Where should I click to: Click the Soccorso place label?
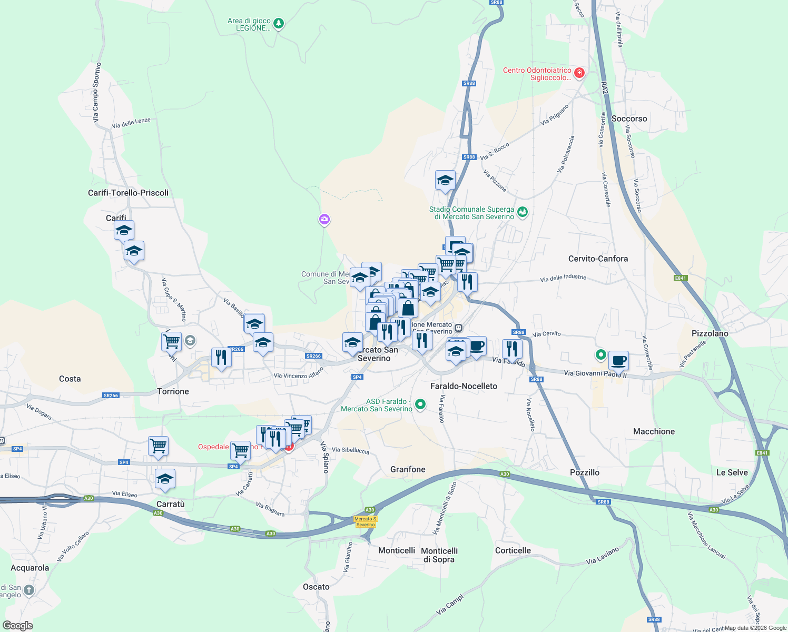(629, 118)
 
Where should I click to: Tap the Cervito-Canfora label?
(598, 259)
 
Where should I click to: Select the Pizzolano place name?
(710, 333)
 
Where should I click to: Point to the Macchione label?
(654, 431)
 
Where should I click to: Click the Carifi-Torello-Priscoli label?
(128, 193)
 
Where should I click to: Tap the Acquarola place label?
(30, 568)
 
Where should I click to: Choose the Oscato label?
(316, 587)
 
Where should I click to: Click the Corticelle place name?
(513, 550)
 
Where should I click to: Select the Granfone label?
(408, 469)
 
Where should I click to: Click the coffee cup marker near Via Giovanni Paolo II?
(618, 361)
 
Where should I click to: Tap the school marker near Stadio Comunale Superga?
(445, 180)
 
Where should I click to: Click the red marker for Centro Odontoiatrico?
(579, 73)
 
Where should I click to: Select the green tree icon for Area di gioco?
(279, 23)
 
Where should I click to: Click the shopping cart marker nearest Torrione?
(171, 341)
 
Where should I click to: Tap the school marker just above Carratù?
(165, 479)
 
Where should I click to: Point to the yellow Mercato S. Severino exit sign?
(366, 521)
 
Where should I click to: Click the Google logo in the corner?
(17, 626)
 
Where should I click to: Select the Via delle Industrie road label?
(563, 278)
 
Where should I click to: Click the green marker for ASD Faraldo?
(420, 404)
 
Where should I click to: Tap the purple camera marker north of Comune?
(324, 219)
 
